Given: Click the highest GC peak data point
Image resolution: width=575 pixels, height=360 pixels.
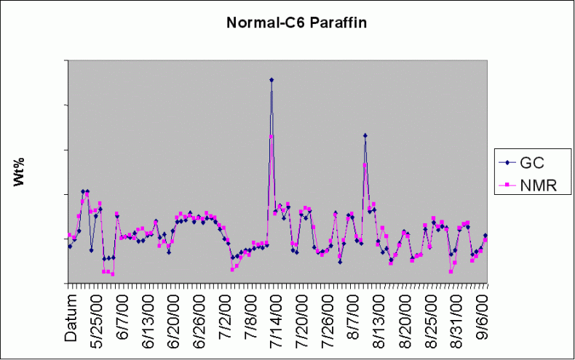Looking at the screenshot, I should click(x=271, y=80).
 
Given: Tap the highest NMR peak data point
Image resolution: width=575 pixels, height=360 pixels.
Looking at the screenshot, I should click(x=271, y=137).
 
